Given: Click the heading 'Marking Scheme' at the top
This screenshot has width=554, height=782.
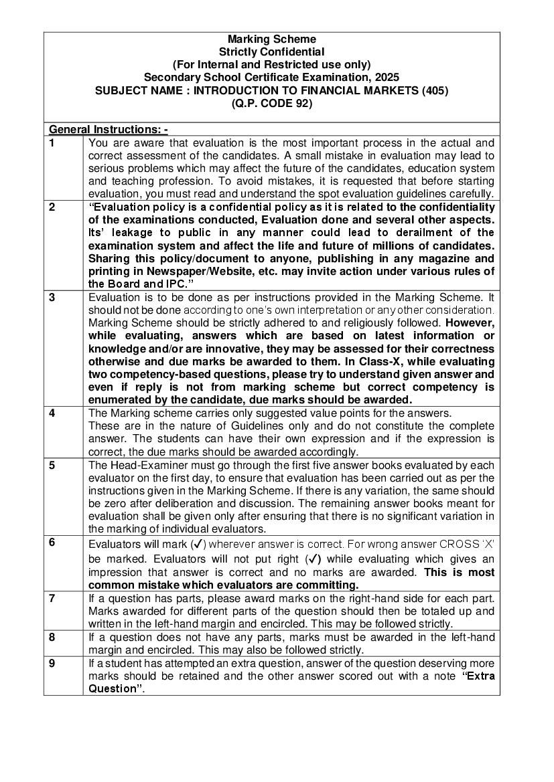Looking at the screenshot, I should click(x=271, y=39).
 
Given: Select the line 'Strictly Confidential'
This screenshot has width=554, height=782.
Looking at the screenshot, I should click(x=271, y=52).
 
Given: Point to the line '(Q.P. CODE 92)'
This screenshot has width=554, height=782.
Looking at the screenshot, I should click(x=271, y=104).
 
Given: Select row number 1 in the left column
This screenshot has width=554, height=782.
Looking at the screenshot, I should click(x=52, y=143).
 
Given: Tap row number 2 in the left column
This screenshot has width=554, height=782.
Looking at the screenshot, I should click(x=52, y=207).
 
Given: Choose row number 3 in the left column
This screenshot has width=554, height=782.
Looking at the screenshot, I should click(x=52, y=298).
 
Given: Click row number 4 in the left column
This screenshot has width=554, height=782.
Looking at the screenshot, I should click(x=52, y=413).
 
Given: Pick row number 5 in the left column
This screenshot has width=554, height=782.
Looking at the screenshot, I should click(x=52, y=465).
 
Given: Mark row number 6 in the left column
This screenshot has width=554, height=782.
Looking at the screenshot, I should click(x=52, y=543).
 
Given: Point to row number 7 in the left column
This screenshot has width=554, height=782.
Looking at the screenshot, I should click(x=52, y=598).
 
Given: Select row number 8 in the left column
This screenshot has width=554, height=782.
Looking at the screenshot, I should click(x=52, y=638).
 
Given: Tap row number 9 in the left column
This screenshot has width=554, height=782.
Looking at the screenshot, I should click(x=52, y=663).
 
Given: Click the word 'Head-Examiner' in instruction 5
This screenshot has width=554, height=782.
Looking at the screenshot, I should click(x=144, y=465).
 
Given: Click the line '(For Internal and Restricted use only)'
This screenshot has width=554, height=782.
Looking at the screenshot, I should click(x=271, y=65).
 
